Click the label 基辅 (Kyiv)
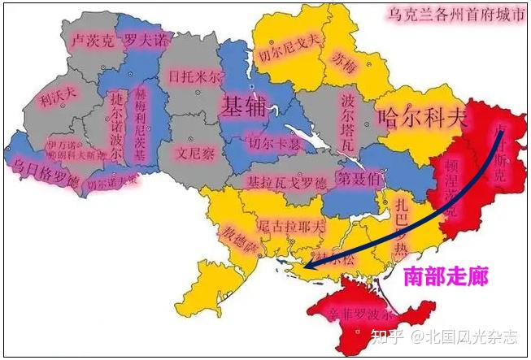click(x=246, y=105)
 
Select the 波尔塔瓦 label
click(x=349, y=120)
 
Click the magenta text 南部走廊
click(x=446, y=276)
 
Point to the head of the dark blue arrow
click(x=305, y=265)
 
